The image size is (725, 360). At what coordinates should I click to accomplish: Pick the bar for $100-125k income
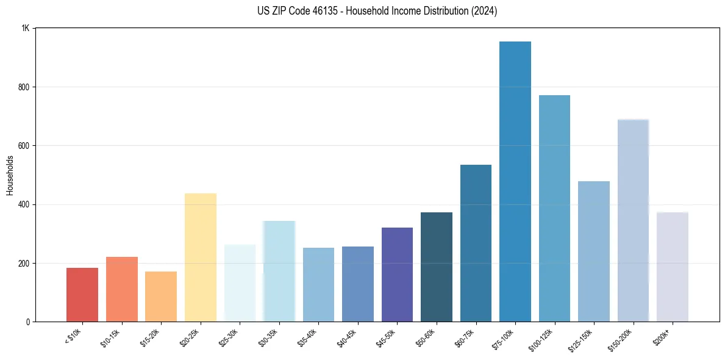coord(554,208)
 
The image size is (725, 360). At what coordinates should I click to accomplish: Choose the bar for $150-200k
coord(633,220)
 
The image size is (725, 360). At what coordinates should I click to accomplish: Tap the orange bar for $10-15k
coord(122,289)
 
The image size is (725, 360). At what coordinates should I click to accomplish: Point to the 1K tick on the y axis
coord(26,29)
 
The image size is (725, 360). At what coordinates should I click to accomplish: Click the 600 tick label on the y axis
coord(24,146)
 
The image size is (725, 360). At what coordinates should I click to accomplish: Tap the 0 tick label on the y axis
coord(28,322)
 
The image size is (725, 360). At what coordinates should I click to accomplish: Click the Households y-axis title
coord(10,175)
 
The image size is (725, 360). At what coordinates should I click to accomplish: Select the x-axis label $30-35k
coord(268,339)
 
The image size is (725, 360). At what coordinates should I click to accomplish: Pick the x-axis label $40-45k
coord(347,339)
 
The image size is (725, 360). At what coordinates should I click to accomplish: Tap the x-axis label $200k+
coord(662,337)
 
